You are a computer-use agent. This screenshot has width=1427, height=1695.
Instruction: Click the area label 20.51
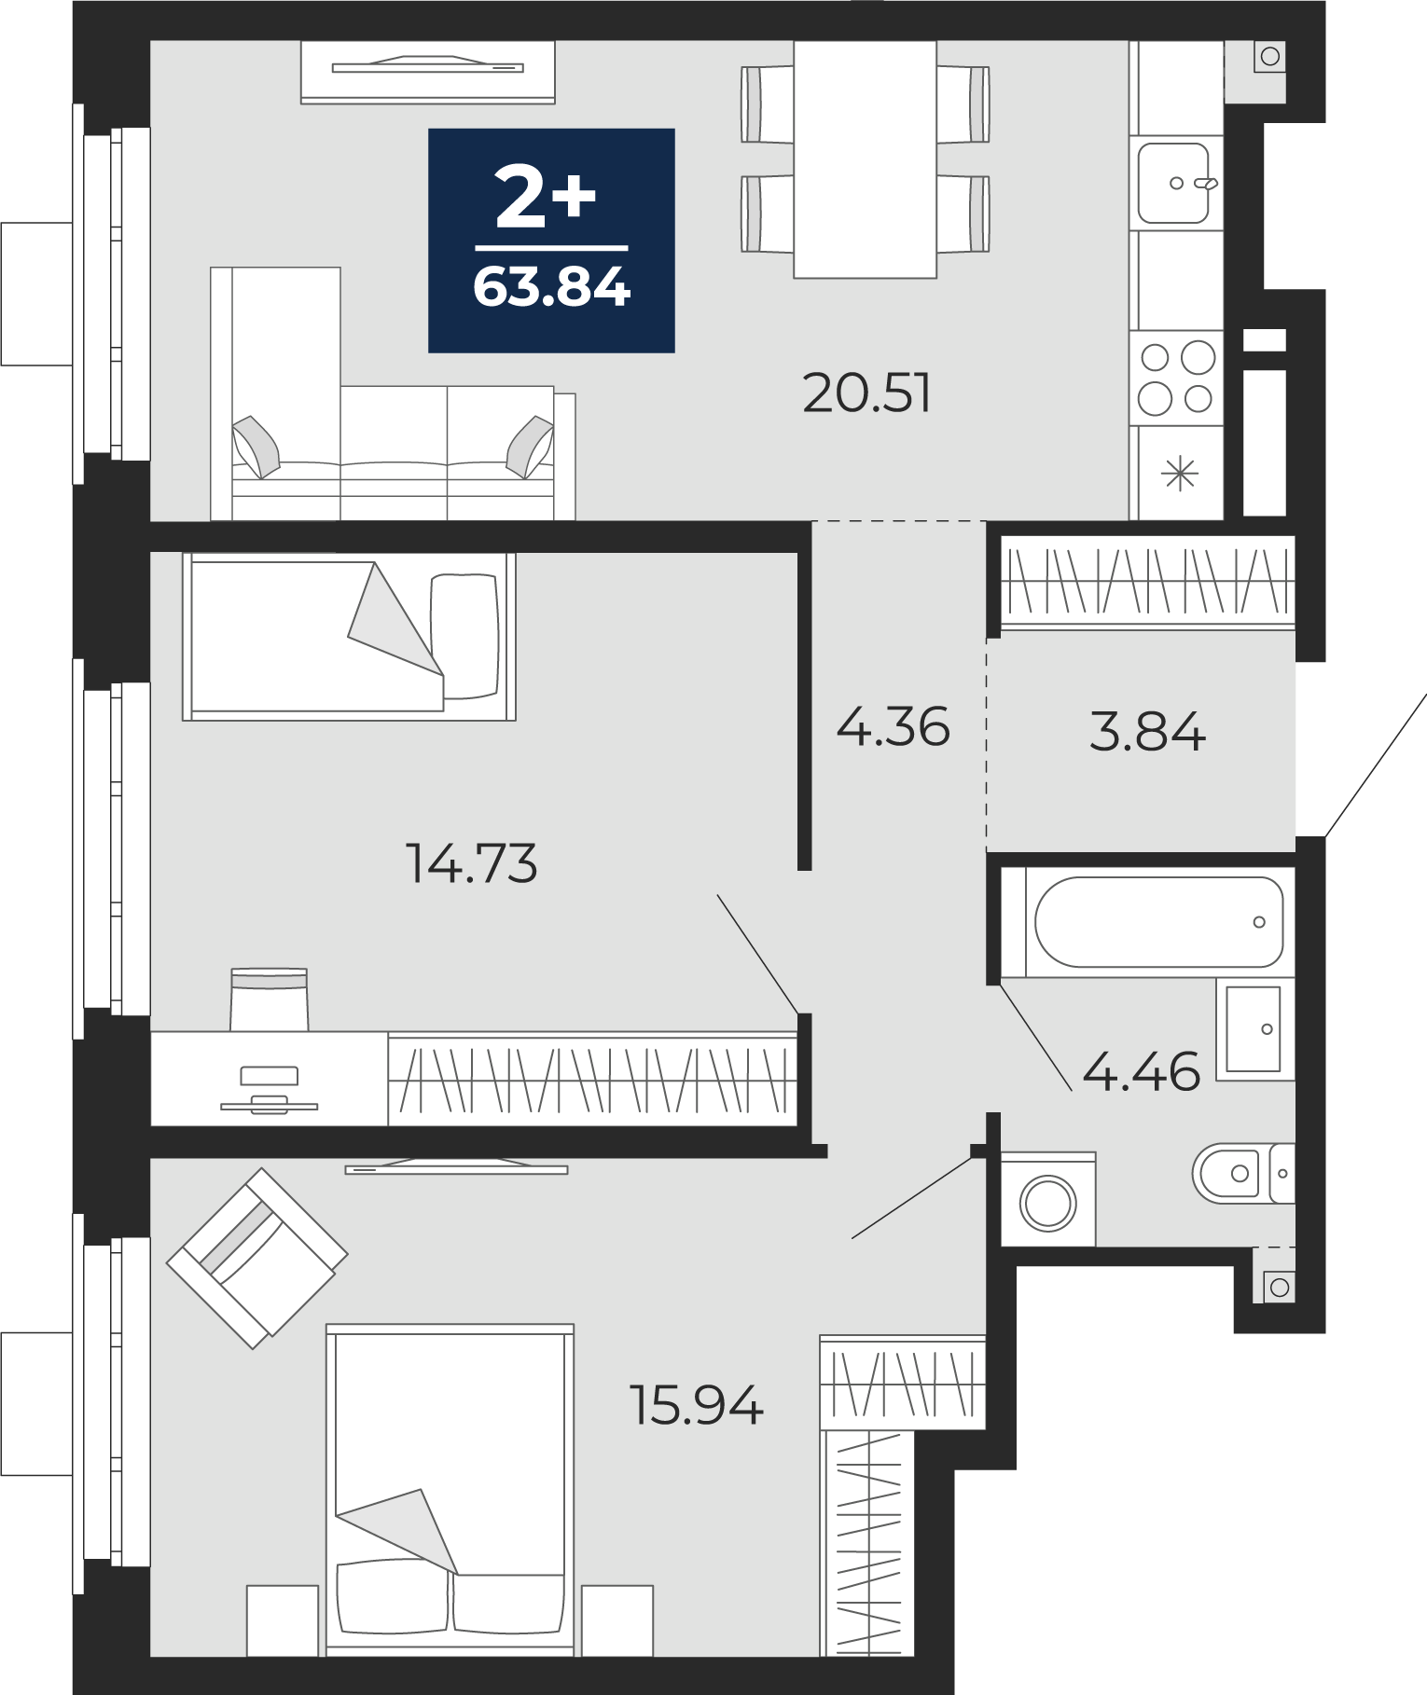point(866,393)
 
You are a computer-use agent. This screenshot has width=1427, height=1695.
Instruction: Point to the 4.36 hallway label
point(893,726)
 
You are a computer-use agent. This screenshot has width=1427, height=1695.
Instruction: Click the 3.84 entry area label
point(1147,731)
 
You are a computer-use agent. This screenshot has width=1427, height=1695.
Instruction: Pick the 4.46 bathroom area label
point(1141,1071)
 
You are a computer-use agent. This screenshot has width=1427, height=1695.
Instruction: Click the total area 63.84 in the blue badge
point(552,287)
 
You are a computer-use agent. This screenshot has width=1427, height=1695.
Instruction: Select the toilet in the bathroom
point(1243,1173)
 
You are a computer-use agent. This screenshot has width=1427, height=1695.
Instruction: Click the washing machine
point(1048,1200)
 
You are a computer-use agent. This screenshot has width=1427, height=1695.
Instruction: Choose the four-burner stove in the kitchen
point(1176,378)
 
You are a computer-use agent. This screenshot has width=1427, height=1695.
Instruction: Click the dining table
point(865,159)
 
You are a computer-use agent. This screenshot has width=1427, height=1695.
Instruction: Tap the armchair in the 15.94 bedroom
point(257,1258)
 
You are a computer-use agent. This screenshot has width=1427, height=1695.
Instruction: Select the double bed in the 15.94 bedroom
point(450,1490)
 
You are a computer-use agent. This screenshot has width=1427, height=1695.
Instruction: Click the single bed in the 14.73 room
point(349,637)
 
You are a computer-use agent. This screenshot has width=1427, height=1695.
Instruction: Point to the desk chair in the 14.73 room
point(269,999)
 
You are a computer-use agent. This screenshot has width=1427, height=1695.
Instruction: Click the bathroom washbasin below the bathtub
point(1255,1028)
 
